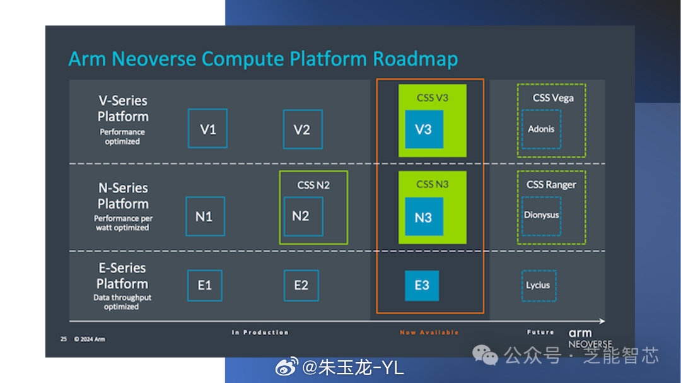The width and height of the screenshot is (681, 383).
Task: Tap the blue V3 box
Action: pyautogui.click(x=424, y=129)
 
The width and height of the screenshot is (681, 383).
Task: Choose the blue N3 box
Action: pyautogui.click(x=424, y=216)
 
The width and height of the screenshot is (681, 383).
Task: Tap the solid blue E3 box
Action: pyautogui.click(x=422, y=286)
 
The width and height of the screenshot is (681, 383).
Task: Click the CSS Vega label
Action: pyautogui.click(x=553, y=98)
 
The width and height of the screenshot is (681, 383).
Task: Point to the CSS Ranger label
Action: pyautogui.click(x=551, y=185)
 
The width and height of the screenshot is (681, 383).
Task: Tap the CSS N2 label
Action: pyautogui.click(x=313, y=186)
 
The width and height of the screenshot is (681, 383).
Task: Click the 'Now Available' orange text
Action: pyautogui.click(x=429, y=333)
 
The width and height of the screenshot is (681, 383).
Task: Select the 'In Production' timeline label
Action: pyautogui.click(x=260, y=333)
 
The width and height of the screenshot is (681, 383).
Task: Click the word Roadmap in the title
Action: pyautogui.click(x=415, y=59)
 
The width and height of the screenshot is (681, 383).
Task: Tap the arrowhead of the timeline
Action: pyautogui.click(x=602, y=321)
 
